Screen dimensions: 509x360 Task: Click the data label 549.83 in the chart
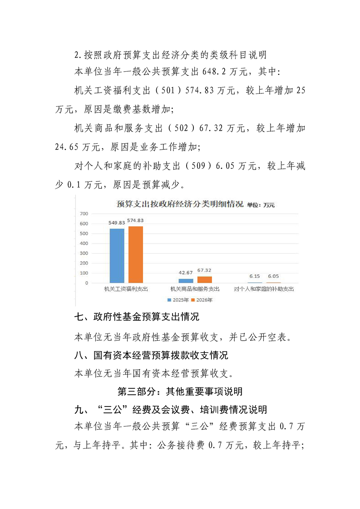tap(117, 223)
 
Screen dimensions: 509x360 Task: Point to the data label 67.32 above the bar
tap(204, 270)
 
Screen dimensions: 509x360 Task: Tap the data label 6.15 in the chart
tap(254, 276)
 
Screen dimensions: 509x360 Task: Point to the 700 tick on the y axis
tap(84, 214)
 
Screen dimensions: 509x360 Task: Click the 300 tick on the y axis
tap(84, 253)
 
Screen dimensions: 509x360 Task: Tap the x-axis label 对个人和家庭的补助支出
tap(264, 289)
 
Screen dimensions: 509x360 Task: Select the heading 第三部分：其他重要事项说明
tap(180, 391)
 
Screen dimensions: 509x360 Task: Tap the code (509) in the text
tap(200, 166)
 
